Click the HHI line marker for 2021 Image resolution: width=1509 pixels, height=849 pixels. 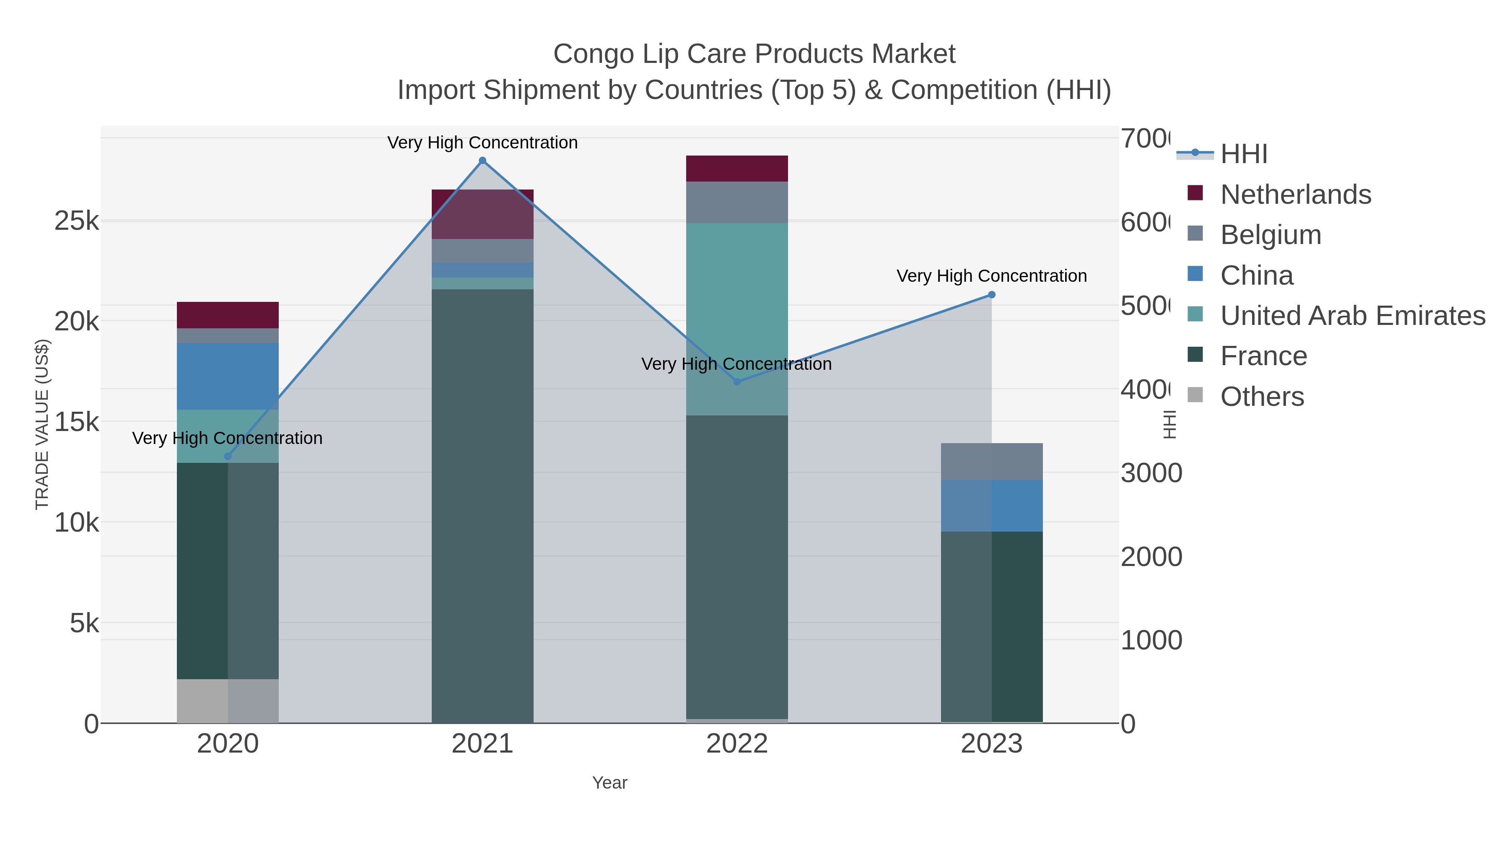482,161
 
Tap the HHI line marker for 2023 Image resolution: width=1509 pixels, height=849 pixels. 991,295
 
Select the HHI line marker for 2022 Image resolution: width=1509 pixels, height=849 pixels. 737,382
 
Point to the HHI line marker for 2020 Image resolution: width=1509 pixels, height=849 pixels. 228,457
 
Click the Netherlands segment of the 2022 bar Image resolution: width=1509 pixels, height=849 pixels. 736,169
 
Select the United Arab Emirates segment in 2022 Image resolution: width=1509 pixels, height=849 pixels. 736,319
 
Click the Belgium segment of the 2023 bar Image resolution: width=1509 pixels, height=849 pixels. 991,462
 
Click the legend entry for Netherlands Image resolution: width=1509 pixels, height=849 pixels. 1295,195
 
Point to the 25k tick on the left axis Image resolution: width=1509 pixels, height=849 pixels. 76,221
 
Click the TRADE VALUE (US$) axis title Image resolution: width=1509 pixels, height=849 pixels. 42,424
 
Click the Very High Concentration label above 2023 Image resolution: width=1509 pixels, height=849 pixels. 991,276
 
